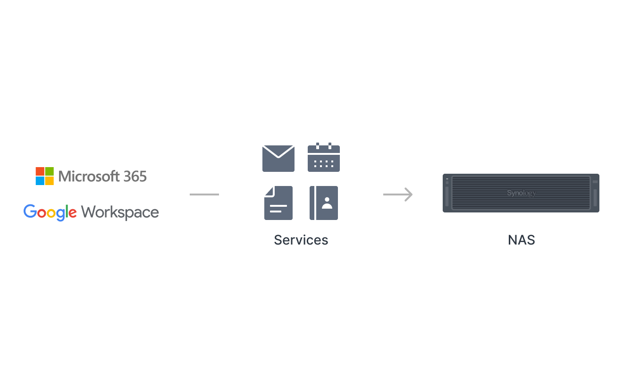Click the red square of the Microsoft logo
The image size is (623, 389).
click(x=40, y=171)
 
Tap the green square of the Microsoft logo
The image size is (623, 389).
click(x=50, y=171)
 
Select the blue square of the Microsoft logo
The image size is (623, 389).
click(x=40, y=181)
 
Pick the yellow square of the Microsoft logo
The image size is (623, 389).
click(x=50, y=181)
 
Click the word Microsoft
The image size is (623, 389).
click(x=89, y=177)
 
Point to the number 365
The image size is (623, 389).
click(x=135, y=177)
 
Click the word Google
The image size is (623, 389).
click(x=50, y=212)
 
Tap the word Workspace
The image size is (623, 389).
click(x=120, y=213)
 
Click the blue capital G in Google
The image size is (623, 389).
click(x=30, y=211)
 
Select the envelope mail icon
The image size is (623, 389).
click(x=278, y=158)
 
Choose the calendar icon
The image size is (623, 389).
click(x=324, y=157)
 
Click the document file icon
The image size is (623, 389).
click(x=278, y=203)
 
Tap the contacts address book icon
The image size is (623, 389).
click(x=324, y=203)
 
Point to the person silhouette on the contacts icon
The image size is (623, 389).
click(x=327, y=203)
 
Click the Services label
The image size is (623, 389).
click(x=301, y=240)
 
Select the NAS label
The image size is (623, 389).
click(x=522, y=240)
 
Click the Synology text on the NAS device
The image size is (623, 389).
click(x=522, y=193)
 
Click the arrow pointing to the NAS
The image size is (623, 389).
click(x=398, y=194)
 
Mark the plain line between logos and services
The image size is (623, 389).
click(x=204, y=194)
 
